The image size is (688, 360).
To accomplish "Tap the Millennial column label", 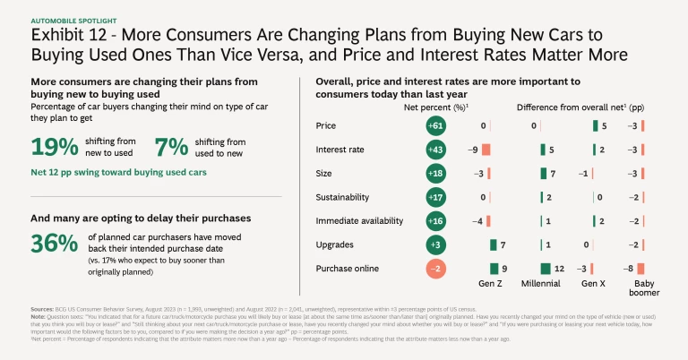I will (546, 283).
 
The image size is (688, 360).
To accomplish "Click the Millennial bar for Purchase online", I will (545, 267).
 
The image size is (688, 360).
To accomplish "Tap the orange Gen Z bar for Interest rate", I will (486, 150).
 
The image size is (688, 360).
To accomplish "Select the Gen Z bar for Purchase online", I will (493, 267).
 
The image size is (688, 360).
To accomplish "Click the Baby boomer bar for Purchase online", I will (638, 267).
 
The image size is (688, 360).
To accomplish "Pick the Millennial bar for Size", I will (542, 173).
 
